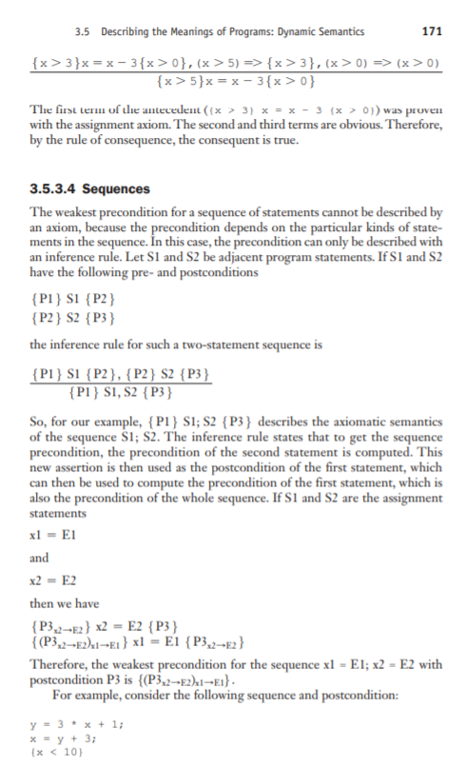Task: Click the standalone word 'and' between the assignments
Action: [40, 559]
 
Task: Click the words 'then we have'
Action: [67, 601]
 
